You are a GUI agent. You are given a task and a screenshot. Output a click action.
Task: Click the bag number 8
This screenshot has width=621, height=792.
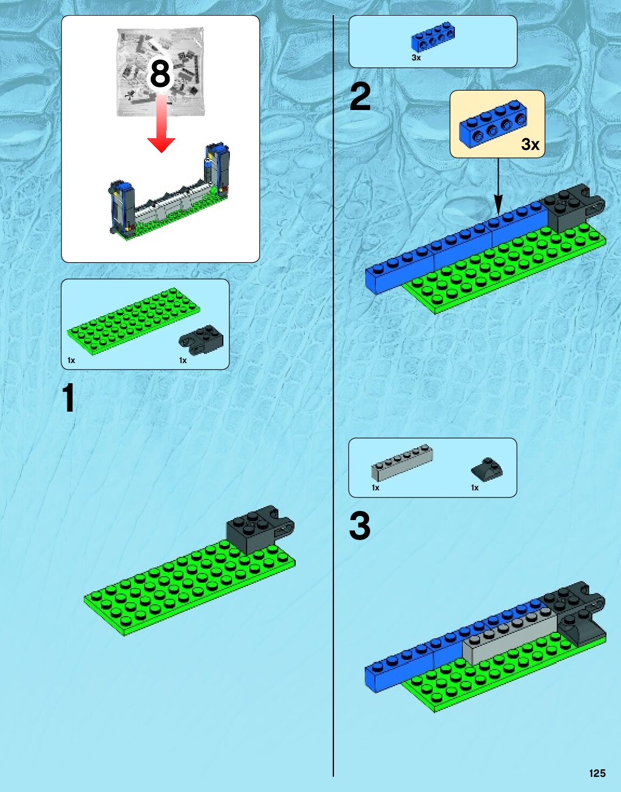(x=160, y=73)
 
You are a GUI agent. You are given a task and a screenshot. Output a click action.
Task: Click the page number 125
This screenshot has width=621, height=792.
(x=597, y=773)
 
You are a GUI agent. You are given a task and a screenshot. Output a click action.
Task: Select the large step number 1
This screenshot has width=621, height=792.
(x=68, y=399)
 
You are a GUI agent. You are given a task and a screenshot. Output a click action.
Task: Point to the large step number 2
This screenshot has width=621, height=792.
(x=360, y=97)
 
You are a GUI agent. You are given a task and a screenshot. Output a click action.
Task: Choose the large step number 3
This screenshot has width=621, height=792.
(x=360, y=526)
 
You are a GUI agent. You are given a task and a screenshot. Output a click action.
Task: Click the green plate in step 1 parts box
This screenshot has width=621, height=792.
(x=133, y=320)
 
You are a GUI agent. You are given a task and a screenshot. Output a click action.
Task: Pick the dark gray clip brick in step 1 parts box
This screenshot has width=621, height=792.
(x=201, y=339)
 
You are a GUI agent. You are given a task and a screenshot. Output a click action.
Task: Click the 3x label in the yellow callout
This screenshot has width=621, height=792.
(x=530, y=145)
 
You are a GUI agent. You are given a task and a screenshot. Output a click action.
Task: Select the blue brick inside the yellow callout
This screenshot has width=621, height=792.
(x=492, y=124)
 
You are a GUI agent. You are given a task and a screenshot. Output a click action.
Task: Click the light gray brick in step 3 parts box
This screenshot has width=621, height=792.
(x=402, y=462)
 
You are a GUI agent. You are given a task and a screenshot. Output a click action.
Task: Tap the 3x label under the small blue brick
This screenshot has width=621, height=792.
(x=416, y=58)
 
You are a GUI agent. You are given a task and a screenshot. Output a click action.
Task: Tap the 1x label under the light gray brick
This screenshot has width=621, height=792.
(x=376, y=488)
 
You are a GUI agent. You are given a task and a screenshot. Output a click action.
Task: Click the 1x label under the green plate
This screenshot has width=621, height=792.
(x=71, y=360)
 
